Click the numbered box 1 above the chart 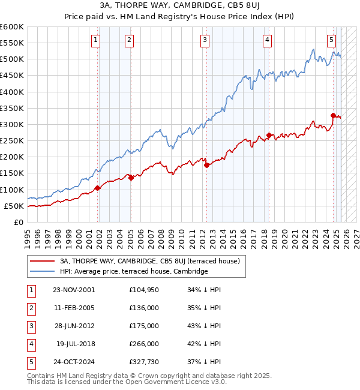click(96, 40)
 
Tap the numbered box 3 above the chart click(205, 40)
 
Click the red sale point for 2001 click(98, 188)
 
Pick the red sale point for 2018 click(269, 135)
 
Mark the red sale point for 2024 click(333, 115)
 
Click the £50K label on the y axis click(13, 206)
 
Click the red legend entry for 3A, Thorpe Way click(149, 261)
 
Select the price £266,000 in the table click(144, 344)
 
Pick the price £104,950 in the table click(144, 290)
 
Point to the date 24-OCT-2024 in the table click(74, 362)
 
